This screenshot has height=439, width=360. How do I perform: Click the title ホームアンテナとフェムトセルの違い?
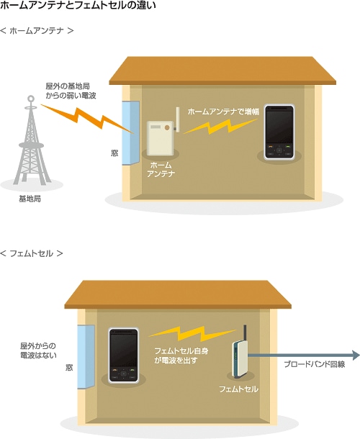pyautogui.click(x=78, y=5)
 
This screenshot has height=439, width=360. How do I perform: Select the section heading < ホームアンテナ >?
pyautogui.click(x=37, y=30)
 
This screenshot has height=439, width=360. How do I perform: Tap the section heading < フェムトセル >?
pyautogui.click(x=32, y=253)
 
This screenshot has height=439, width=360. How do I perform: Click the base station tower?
pyautogui.click(x=31, y=140)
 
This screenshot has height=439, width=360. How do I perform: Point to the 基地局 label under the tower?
pyautogui.click(x=30, y=199)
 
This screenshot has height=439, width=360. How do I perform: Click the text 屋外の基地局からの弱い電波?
pyautogui.click(x=71, y=91)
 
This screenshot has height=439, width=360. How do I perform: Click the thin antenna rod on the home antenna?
pyautogui.click(x=177, y=119)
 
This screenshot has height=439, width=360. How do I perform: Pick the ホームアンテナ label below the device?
pyautogui.click(x=161, y=169)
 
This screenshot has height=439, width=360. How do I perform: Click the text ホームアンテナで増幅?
pyautogui.click(x=223, y=112)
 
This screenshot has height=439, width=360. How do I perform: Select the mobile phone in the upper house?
pyautogui.click(x=279, y=132)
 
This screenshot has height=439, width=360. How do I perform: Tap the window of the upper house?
pyautogui.click(x=131, y=132)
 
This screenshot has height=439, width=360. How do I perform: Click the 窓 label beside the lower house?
pyautogui.click(x=69, y=367)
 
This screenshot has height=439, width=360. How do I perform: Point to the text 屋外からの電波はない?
pyautogui.click(x=38, y=350)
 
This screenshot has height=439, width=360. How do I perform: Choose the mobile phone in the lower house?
pyautogui.click(x=124, y=356)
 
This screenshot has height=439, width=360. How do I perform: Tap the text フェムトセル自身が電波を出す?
pyautogui.click(x=181, y=356)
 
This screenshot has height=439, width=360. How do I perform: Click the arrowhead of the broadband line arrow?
pyautogui.click(x=355, y=356)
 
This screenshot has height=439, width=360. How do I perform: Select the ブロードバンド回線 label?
pyautogui.click(x=315, y=364)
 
